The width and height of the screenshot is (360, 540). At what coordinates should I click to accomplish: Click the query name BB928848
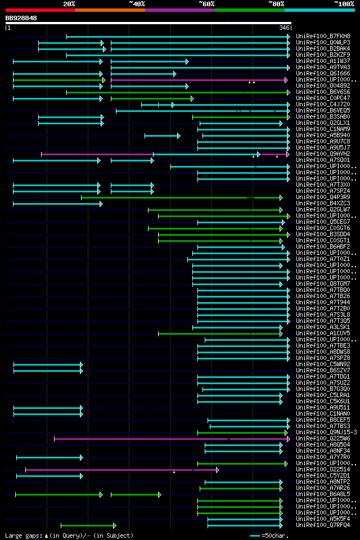coord(21,18)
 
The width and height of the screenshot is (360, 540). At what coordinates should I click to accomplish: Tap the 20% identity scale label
coord(69,4)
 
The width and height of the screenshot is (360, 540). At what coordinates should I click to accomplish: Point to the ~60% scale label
coord(206,4)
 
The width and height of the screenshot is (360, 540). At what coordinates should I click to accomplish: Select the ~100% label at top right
coord(344,4)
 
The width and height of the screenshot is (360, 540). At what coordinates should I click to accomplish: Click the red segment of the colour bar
coord(40,10)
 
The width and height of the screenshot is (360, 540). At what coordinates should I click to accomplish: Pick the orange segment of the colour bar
coord(110,10)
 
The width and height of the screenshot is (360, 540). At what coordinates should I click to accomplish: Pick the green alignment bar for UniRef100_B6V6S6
coord(169,92)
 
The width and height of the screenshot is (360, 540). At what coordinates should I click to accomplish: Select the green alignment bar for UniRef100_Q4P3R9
coord(180,197)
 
